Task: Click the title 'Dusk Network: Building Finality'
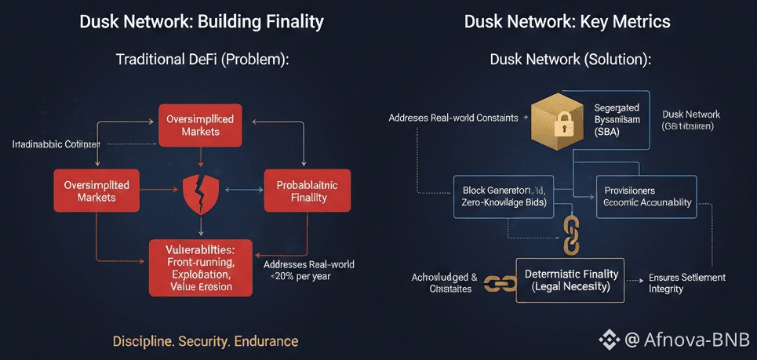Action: pyautogui.click(x=202, y=21)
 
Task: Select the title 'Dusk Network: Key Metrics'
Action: pyautogui.click(x=567, y=21)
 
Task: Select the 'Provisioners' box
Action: pyautogui.click(x=646, y=196)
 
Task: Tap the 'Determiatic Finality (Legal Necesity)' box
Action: pyautogui.click(x=570, y=281)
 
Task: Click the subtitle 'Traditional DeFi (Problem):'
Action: pyautogui.click(x=202, y=60)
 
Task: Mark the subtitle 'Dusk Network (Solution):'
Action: pyautogui.click(x=570, y=60)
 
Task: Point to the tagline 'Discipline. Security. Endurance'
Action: pyautogui.click(x=206, y=341)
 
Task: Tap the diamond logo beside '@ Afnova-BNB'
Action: pyautogui.click(x=610, y=340)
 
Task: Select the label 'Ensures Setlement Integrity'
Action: pyautogui.click(x=687, y=283)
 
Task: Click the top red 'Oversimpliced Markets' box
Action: pyautogui.click(x=200, y=125)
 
